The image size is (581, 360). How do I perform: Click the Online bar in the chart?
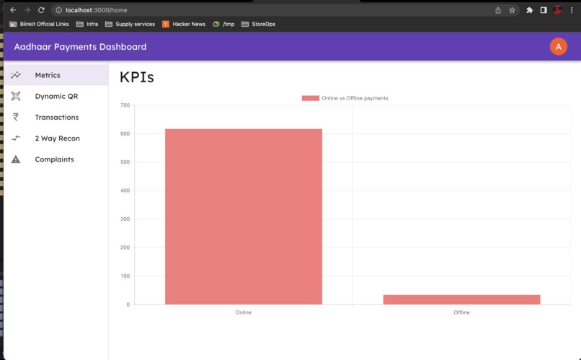pos(243,216)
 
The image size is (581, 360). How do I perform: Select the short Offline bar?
pos(461,299)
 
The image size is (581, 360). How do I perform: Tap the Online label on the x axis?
pos(243,312)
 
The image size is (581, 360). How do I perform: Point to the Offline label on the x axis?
pos(461,312)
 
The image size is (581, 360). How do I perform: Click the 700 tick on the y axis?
pos(125,105)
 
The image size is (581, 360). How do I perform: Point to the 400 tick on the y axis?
pos(125,190)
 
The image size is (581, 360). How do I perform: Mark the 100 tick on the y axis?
pos(125,276)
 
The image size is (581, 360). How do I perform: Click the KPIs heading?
pos(137,77)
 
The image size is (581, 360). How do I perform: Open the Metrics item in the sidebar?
pos(48,75)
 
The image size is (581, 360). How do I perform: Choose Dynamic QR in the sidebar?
pos(56,96)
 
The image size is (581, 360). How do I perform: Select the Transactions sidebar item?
pos(57,117)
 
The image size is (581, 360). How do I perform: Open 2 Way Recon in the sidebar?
pos(57,138)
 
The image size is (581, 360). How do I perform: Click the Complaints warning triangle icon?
pos(16,159)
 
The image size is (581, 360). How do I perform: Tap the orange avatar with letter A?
pos(558,47)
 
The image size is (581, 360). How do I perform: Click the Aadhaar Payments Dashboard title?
pos(80,47)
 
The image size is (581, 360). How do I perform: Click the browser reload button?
pos(41,10)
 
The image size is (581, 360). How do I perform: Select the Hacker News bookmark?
pos(184,24)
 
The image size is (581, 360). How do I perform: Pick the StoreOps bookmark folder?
pos(259,24)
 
